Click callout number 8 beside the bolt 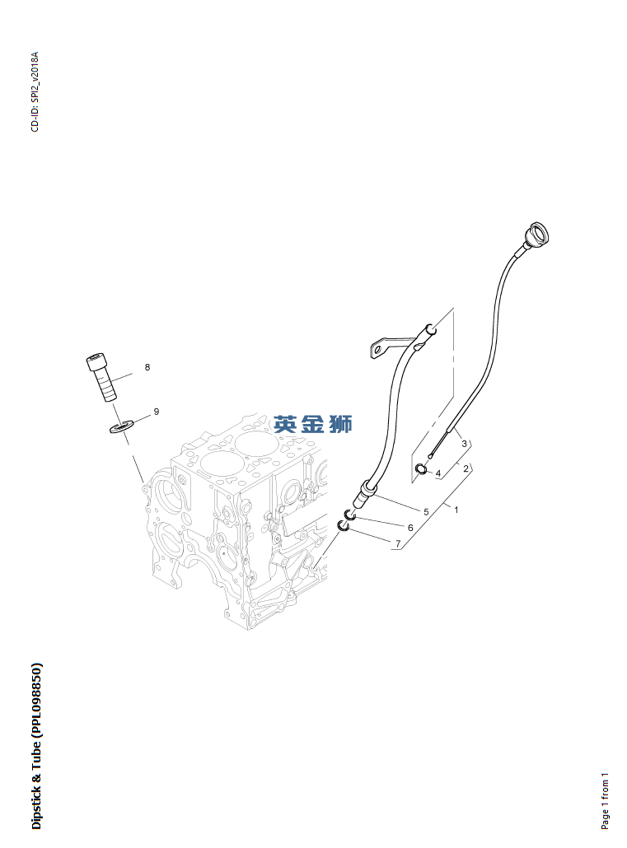(147, 367)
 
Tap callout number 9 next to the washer (156, 411)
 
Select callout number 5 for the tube (426, 512)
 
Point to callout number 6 (409, 527)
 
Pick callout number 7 (398, 543)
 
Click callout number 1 (456, 510)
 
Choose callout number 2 (466, 468)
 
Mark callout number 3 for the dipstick (464, 444)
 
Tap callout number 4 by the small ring (438, 473)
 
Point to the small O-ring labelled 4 (420, 469)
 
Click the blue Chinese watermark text (313, 424)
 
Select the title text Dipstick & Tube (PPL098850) (35, 746)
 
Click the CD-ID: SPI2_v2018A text (35, 91)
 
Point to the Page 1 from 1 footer (606, 800)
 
